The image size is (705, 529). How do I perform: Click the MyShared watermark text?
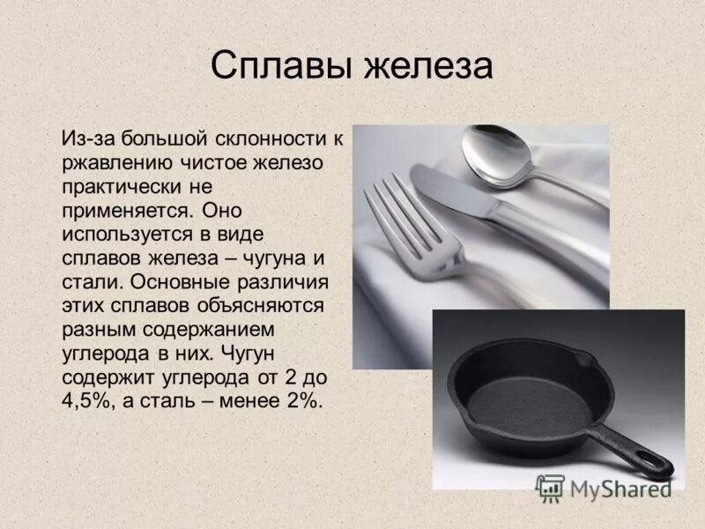[x=618, y=487]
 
